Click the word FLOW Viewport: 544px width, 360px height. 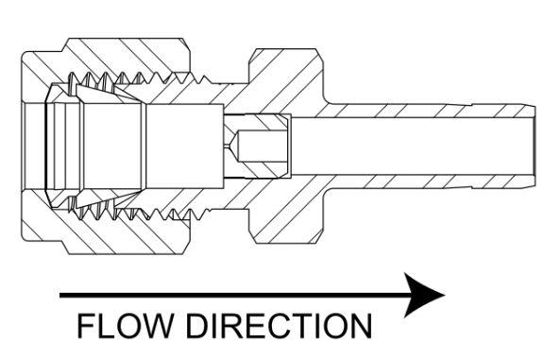pyautogui.click(x=125, y=325)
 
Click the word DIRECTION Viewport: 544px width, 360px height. pyautogui.click(x=280, y=325)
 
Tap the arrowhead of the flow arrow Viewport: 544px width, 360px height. pyautogui.click(x=425, y=295)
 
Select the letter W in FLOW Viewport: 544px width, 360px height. pyautogui.click(x=155, y=325)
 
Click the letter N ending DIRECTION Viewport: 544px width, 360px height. pyautogui.click(x=362, y=325)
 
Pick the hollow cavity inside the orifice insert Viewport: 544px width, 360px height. pyautogui.click(x=261, y=146)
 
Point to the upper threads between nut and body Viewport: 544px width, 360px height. pyautogui.click(x=139, y=78)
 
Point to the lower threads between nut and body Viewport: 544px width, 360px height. pyautogui.click(x=139, y=214)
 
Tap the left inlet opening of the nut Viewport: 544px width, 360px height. pyautogui.click(x=34, y=146)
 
